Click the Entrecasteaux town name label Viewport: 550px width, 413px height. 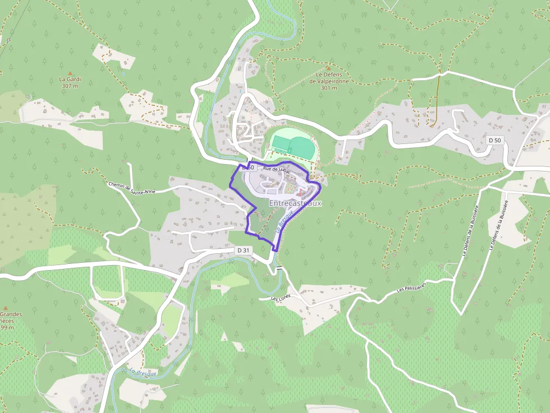(x=295, y=203)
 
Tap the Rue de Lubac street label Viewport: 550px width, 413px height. (x=276, y=169)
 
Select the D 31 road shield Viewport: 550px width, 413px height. (x=243, y=250)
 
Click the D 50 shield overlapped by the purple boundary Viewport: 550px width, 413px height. (x=249, y=168)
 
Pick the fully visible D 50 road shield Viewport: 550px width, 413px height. (x=494, y=140)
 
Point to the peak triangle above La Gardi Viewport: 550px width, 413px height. (x=70, y=73)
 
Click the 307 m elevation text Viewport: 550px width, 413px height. (x=70, y=86)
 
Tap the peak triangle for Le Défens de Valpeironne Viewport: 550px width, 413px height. (x=329, y=68)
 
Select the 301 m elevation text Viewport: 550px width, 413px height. (x=329, y=88)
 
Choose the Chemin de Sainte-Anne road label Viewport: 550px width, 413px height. (x=131, y=188)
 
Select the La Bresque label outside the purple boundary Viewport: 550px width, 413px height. (x=143, y=372)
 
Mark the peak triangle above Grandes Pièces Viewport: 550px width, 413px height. (x=5, y=308)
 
